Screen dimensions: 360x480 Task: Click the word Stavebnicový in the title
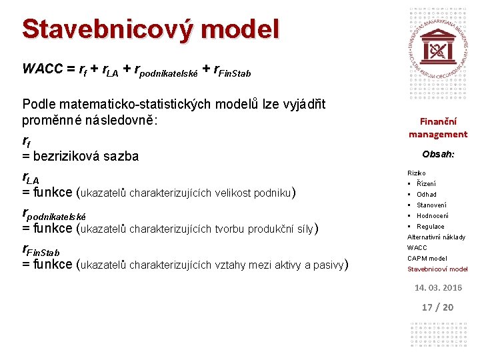(x=107, y=30)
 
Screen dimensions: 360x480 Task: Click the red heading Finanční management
(x=438, y=128)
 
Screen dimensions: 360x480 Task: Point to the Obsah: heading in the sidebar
(x=438, y=154)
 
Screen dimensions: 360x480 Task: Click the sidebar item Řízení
(x=426, y=183)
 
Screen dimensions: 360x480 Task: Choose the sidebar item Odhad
(x=427, y=194)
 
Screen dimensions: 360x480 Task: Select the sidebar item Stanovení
(x=431, y=205)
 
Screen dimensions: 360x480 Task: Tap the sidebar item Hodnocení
(x=432, y=215)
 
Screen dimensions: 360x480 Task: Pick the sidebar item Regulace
(x=430, y=226)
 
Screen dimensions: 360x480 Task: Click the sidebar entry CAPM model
(x=427, y=258)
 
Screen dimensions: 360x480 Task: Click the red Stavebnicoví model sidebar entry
(x=437, y=269)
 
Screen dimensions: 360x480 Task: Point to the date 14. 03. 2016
(x=438, y=287)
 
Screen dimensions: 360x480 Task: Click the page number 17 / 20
(x=438, y=307)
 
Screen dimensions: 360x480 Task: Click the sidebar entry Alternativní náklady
(x=436, y=237)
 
